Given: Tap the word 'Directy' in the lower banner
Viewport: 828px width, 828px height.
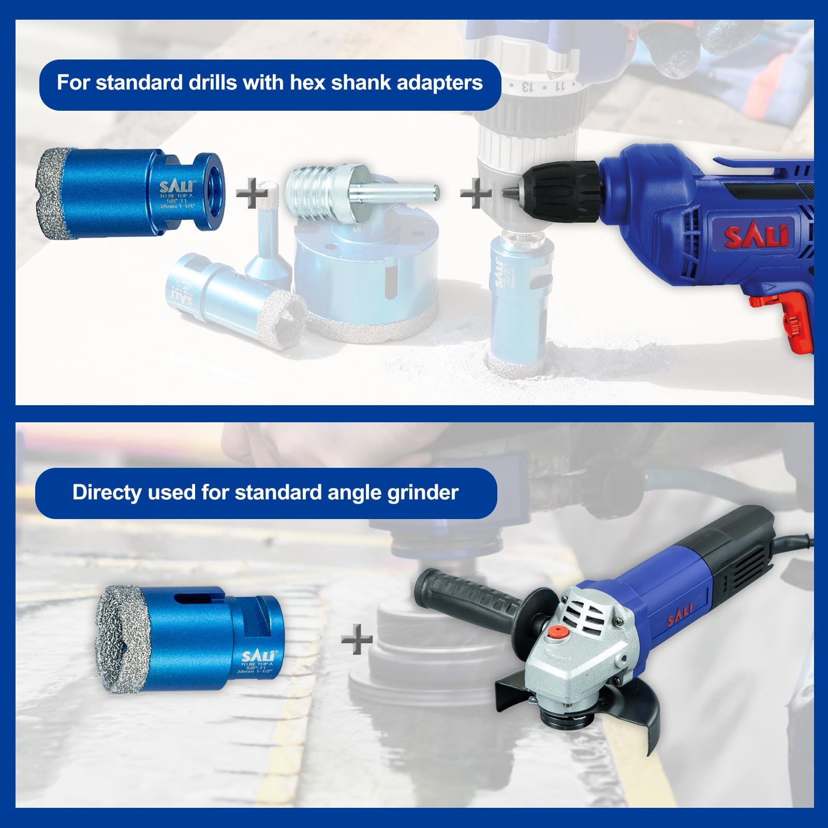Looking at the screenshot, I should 107,493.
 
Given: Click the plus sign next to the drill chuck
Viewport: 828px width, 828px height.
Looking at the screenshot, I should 476,193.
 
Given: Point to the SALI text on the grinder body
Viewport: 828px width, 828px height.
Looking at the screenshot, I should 679,611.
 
